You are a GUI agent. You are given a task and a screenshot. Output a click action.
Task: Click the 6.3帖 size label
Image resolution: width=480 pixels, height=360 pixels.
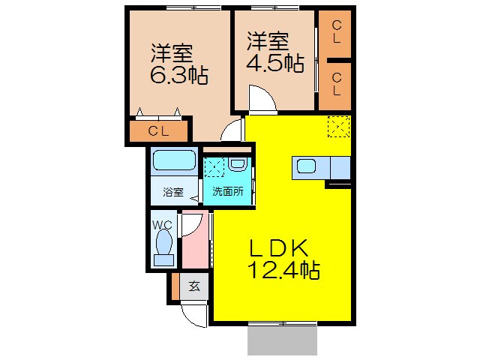[178, 76]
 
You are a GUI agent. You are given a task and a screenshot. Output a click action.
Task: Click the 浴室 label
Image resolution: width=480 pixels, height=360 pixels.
[173, 191]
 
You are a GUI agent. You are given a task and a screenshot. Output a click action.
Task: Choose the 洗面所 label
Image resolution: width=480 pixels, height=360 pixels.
[228, 191]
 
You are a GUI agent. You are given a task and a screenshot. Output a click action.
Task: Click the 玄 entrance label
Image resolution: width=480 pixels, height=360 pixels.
[193, 286]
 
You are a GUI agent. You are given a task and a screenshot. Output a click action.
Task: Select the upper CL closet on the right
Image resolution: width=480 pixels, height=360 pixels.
[336, 31]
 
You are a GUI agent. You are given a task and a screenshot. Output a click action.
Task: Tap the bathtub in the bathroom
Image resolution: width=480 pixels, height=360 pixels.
[174, 160]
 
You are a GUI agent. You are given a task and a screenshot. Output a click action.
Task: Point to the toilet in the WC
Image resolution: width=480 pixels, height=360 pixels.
[163, 244]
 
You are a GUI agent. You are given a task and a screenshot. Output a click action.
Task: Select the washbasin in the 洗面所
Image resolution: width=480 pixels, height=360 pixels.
[238, 163]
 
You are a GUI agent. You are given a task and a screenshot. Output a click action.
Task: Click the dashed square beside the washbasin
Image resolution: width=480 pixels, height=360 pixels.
[215, 167]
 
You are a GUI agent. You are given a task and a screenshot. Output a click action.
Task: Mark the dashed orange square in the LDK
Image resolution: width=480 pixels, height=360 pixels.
[339, 126]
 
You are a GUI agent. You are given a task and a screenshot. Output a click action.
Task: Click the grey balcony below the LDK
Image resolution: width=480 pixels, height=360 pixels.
[282, 341]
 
